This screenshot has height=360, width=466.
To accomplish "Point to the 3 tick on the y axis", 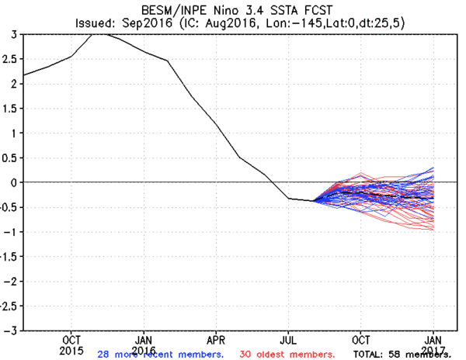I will pos(13,35).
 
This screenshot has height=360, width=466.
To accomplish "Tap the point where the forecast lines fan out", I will pos(315,201).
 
